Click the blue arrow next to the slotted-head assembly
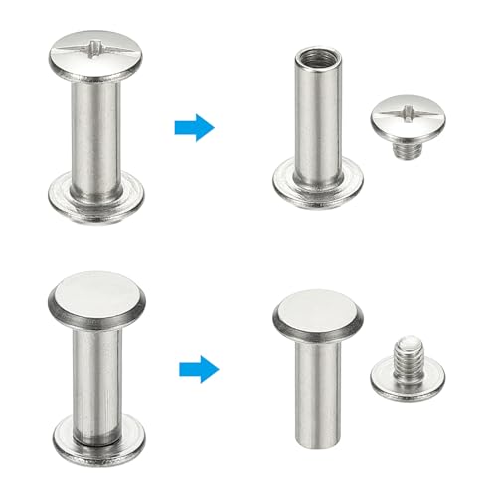coord(194,126)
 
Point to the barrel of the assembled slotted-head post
coord(98,124)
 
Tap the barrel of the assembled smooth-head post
coord(97,368)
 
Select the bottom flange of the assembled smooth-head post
coord(97,429)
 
